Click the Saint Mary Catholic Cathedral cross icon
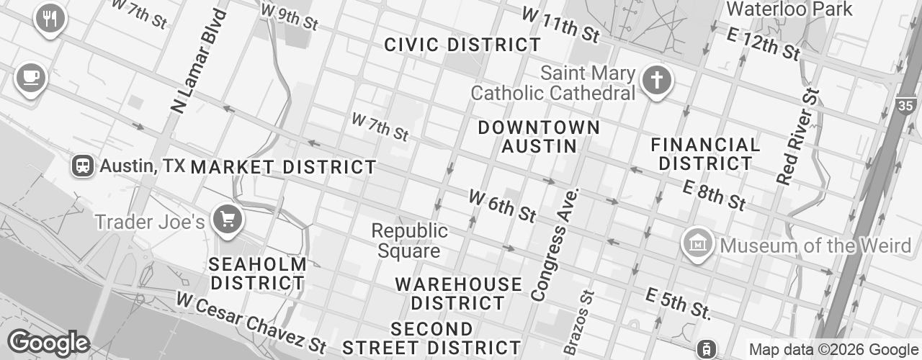click(x=656, y=79)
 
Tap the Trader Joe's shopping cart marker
click(x=228, y=218)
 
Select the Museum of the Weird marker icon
click(x=698, y=245)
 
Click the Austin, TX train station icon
click(x=84, y=166)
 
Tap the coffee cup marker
click(x=30, y=76)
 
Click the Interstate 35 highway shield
click(x=908, y=107)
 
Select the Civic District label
click(x=462, y=45)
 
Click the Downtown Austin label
click(x=539, y=137)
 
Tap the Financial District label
click(x=705, y=154)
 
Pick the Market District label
click(x=283, y=167)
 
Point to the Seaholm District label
click(x=257, y=274)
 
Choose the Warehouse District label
click(x=459, y=293)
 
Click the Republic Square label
click(x=409, y=241)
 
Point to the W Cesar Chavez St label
click(x=251, y=321)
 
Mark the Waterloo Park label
click(x=789, y=9)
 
